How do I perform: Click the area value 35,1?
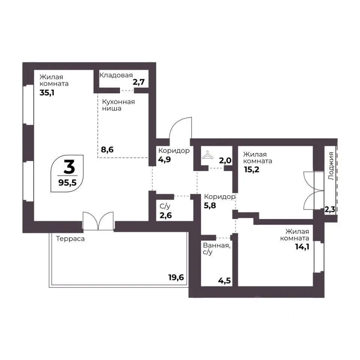[47, 93]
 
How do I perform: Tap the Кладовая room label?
[116, 75]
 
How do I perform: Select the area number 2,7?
[139, 82]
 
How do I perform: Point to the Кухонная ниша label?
[118, 105]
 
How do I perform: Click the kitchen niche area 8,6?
[107, 150]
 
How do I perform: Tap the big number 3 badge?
[69, 167]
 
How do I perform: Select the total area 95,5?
[67, 183]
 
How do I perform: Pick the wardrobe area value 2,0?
[225, 160]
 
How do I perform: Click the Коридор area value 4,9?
[165, 159]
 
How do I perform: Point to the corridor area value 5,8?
[210, 205]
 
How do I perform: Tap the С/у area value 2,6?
[166, 216]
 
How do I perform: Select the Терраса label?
[70, 239]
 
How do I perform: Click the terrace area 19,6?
[176, 277]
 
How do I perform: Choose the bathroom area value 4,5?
[225, 280]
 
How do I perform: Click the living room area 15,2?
[252, 169]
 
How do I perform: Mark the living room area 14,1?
[302, 247]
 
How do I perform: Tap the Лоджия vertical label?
[331, 166]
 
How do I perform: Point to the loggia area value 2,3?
[330, 210]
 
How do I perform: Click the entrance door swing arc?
[176, 124]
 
